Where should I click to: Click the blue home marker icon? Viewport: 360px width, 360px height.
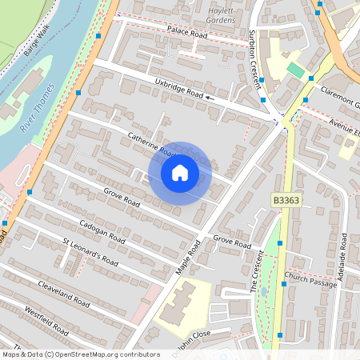tap(180, 173)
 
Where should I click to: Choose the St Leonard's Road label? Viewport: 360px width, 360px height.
tap(90, 252)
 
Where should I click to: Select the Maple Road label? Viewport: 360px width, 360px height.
tap(190, 257)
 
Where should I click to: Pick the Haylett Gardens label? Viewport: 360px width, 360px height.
tap(223, 13)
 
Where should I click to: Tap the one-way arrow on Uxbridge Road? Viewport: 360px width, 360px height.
tap(210, 98)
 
